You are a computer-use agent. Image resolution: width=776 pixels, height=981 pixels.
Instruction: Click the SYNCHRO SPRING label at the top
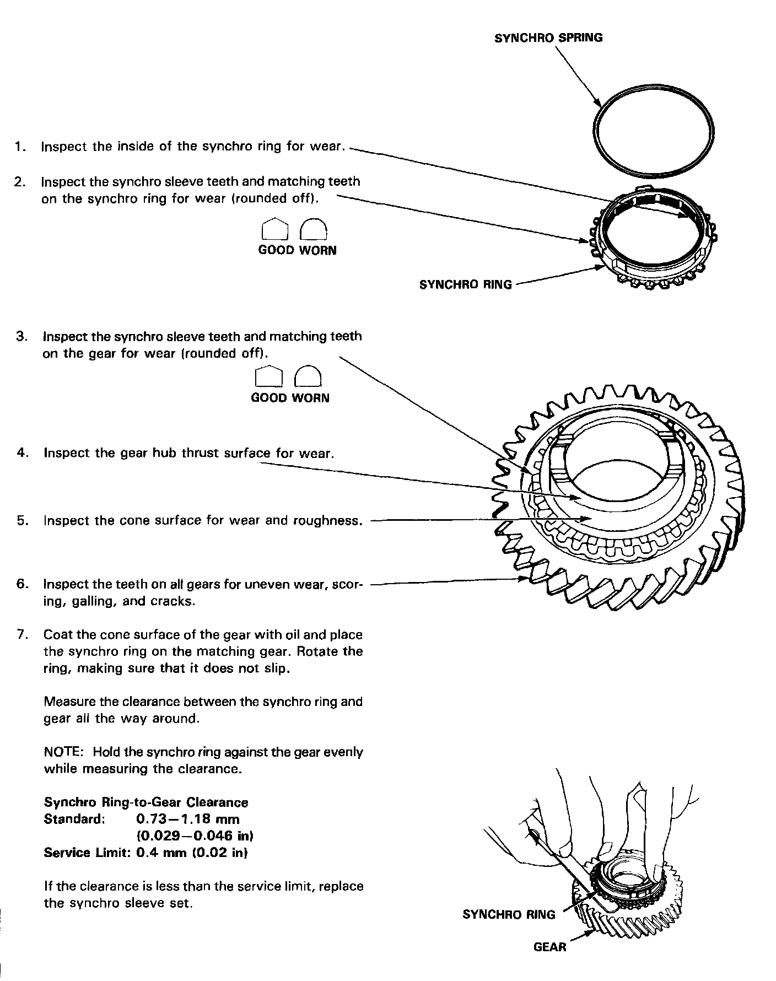[548, 38]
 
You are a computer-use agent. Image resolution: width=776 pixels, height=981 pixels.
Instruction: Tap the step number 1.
[20, 147]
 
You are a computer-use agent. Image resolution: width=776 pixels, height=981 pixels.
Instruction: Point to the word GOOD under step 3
[269, 398]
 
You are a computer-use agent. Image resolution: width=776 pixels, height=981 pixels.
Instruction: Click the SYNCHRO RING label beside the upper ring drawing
[466, 285]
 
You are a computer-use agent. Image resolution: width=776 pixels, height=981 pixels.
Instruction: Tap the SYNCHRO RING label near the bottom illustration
[509, 915]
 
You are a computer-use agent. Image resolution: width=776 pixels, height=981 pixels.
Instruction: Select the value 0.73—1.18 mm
[187, 819]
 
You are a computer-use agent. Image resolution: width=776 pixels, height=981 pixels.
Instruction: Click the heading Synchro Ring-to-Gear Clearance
[145, 802]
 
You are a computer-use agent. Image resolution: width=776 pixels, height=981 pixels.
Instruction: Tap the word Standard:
[74, 819]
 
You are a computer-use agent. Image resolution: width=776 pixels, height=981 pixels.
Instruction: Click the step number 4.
[23, 453]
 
